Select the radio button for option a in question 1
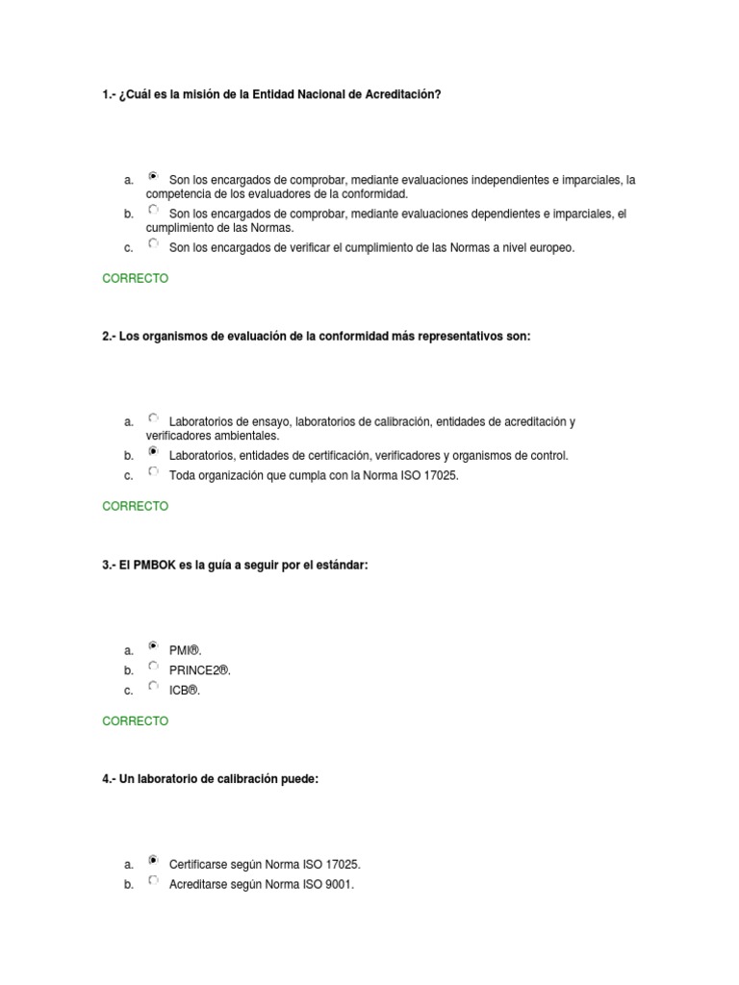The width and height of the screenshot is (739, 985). point(153,177)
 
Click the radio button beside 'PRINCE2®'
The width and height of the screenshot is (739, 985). point(153,666)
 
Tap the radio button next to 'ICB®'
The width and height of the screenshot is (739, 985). point(153,686)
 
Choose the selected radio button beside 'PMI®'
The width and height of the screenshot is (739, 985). point(153,646)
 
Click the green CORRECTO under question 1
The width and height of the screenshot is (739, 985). point(135,279)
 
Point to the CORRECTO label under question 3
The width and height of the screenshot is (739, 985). point(135,721)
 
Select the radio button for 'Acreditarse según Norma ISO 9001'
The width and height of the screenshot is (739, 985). point(153,880)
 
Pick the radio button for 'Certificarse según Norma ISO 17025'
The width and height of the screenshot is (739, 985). point(153,861)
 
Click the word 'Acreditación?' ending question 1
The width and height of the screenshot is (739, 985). point(404,93)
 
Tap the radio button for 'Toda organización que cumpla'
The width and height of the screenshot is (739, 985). point(153,471)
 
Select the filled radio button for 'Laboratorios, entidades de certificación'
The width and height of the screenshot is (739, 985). point(153,451)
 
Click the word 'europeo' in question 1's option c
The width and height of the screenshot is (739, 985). point(549,248)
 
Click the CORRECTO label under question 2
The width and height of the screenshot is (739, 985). point(135,506)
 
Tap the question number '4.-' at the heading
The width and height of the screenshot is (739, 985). point(109,779)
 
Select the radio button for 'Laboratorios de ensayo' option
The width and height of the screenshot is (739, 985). point(153,417)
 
